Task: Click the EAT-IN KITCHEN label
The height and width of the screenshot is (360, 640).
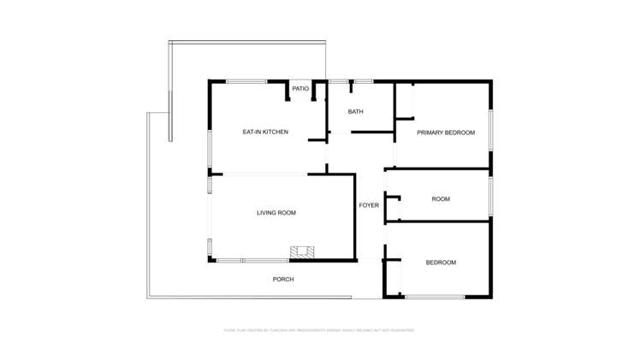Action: [265, 132]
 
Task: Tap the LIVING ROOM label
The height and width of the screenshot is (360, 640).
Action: [276, 213]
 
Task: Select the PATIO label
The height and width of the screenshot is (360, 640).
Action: [300, 88]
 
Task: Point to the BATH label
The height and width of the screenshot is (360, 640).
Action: [356, 112]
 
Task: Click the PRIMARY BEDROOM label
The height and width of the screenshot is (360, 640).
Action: [446, 133]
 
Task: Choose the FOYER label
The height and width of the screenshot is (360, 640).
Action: [369, 205]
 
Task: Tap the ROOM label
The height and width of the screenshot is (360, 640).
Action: [441, 199]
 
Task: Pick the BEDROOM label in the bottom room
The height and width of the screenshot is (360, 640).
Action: [441, 263]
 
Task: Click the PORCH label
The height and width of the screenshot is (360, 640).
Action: [283, 280]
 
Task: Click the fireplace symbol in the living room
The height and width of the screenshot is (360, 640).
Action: [302, 252]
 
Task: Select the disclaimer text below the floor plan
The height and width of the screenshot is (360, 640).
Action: [319, 329]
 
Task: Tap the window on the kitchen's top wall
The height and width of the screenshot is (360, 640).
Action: [246, 81]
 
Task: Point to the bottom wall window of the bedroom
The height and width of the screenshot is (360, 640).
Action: [435, 297]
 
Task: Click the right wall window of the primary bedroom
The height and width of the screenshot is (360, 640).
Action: [490, 130]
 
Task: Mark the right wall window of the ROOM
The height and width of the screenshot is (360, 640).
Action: [490, 194]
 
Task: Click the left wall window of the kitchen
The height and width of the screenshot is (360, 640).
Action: [210, 147]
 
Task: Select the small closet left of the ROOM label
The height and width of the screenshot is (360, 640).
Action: [394, 208]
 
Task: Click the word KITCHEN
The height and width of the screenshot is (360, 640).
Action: [276, 132]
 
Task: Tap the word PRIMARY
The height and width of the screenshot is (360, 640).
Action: [430, 133]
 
